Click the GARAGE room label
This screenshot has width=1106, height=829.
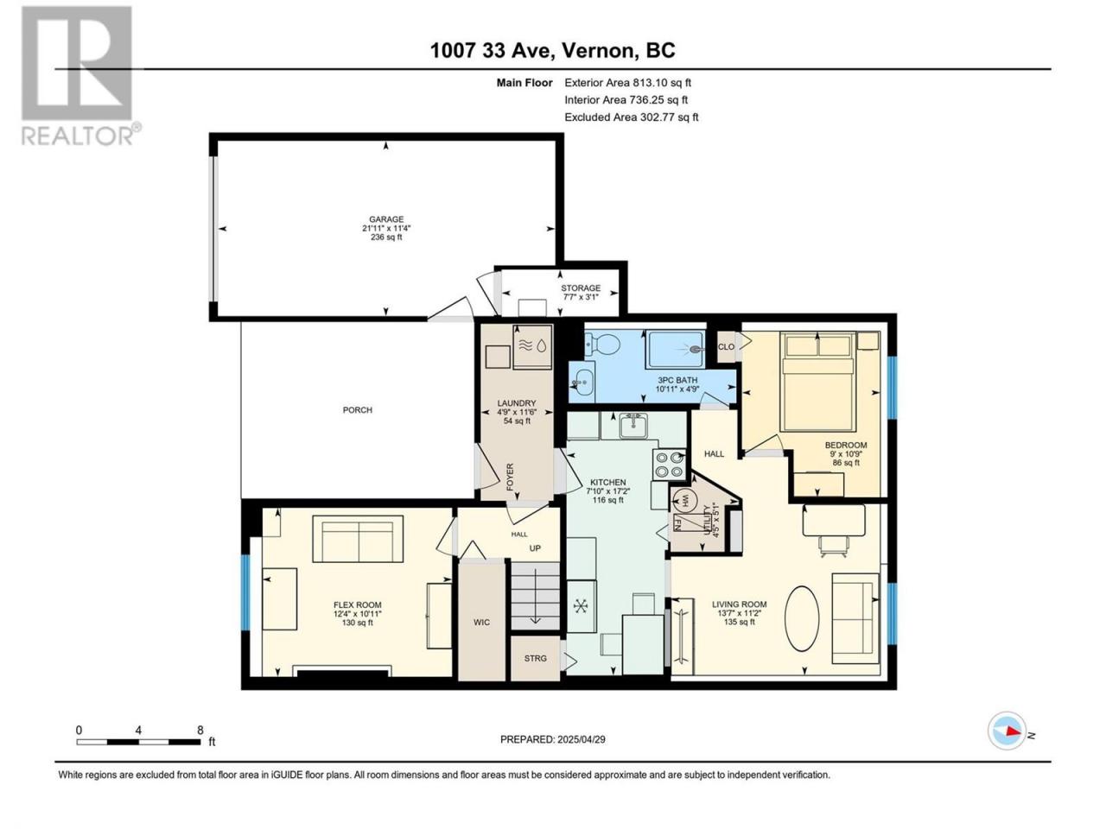(386, 219)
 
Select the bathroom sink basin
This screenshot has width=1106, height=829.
(583, 383)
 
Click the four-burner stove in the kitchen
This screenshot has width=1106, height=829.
(669, 465)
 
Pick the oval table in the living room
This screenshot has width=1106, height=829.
(802, 618)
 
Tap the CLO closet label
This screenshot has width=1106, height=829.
(726, 347)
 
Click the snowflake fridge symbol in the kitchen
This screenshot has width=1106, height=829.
(581, 606)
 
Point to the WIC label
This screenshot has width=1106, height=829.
(481, 623)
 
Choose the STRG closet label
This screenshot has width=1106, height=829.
(535, 658)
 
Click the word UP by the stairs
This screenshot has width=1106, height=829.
(535, 548)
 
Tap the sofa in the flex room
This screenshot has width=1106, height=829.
(358, 539)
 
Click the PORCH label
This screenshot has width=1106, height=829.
(357, 410)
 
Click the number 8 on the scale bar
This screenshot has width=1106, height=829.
(200, 730)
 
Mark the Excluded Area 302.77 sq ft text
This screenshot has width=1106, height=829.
(632, 117)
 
